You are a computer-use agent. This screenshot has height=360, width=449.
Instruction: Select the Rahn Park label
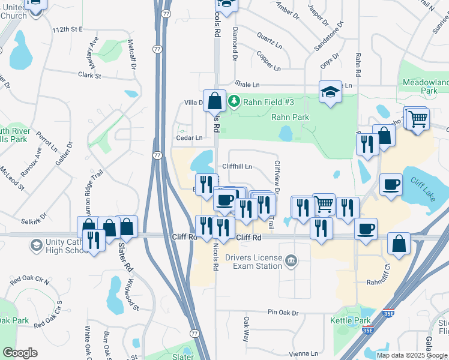[x=291, y=117]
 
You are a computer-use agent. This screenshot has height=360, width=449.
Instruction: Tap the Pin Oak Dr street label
[x=283, y=313]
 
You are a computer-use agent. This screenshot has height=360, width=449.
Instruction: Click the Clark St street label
[x=89, y=76]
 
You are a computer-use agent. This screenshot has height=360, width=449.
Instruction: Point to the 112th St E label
[x=67, y=29]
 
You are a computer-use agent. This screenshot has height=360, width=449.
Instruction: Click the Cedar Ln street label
[x=190, y=137]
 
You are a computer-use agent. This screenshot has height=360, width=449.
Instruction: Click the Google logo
[x=19, y=353]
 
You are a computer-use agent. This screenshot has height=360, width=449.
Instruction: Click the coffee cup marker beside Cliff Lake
[x=391, y=184]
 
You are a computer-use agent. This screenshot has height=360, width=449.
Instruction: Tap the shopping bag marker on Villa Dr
[x=214, y=100]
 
